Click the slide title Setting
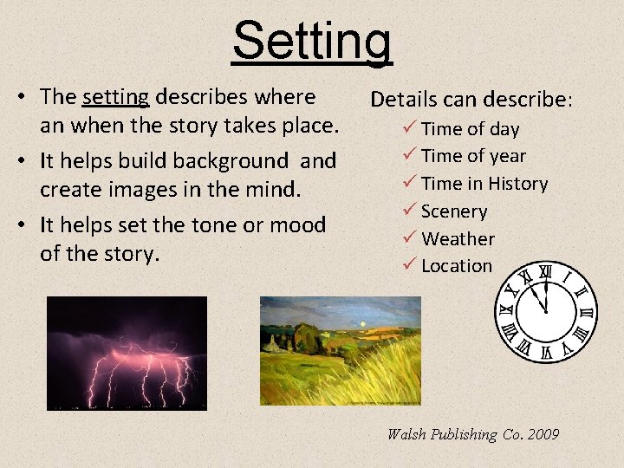[312, 42]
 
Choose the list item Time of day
[470, 129]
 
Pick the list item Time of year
[473, 156]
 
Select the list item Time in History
[484, 184]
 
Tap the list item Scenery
[454, 211]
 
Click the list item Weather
[458, 238]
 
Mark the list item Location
[456, 266]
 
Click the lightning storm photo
[127, 353]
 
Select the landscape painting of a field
[341, 350]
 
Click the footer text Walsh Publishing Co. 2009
[473, 434]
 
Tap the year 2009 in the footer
[543, 434]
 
